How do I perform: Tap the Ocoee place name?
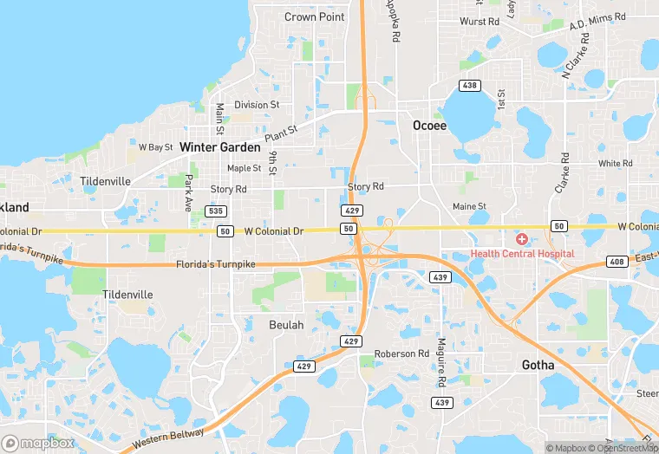click(x=429, y=126)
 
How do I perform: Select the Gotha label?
click(x=538, y=365)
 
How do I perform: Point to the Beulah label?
click(x=286, y=325)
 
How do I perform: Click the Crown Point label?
click(x=315, y=16)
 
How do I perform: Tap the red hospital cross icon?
click(x=522, y=238)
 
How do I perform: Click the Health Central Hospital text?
click(x=522, y=253)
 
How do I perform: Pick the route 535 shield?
click(x=217, y=211)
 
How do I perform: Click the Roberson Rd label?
click(x=401, y=353)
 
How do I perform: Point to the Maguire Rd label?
click(x=441, y=362)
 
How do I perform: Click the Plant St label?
click(x=281, y=133)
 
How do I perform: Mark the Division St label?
click(x=257, y=105)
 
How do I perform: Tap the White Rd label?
click(x=615, y=163)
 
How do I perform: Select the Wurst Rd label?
click(x=480, y=22)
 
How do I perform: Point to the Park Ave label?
click(x=188, y=193)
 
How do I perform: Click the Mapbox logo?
click(x=38, y=443)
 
